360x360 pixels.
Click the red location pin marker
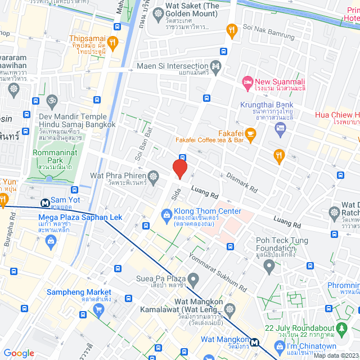click(179, 169)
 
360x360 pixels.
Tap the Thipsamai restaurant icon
click(112, 42)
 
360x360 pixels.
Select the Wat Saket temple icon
click(158, 12)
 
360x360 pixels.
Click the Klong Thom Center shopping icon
click(166, 214)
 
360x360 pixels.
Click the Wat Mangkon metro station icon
click(255, 341)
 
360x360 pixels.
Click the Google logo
click(19, 353)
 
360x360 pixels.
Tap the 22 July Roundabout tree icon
click(341, 327)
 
